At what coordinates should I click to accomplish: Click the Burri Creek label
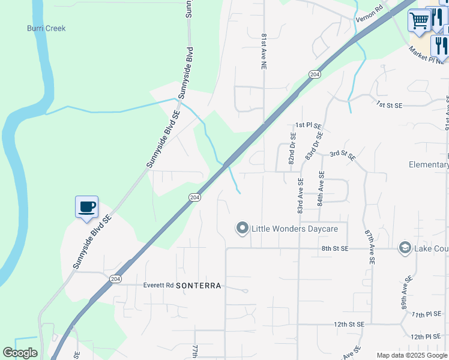pos(46,28)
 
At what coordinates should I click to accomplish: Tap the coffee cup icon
pos(86,207)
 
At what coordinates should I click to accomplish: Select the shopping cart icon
pos(419,20)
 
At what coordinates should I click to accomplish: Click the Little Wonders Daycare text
pos(295,229)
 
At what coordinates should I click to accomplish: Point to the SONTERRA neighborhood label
pos(199,286)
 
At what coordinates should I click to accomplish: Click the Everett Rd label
pos(158,286)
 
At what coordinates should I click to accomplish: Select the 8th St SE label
pos(335,248)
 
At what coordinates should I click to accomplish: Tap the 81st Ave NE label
pos(264,52)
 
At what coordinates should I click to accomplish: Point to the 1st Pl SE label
pos(309,126)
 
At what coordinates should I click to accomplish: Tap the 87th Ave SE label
pos(369,247)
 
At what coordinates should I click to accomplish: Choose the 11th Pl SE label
pos(427,314)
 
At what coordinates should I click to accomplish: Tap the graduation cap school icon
pos(405,248)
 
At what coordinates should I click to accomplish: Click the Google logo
pos(20,353)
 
